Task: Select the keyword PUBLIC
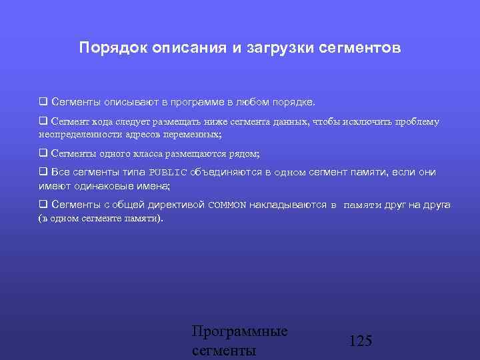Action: point(167,173)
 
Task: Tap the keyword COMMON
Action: point(227,205)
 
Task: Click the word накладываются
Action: point(288,205)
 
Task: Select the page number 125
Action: point(361,341)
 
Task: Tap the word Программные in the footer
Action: point(239,331)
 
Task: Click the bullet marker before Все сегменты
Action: point(43,172)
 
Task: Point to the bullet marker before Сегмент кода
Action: point(43,122)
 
